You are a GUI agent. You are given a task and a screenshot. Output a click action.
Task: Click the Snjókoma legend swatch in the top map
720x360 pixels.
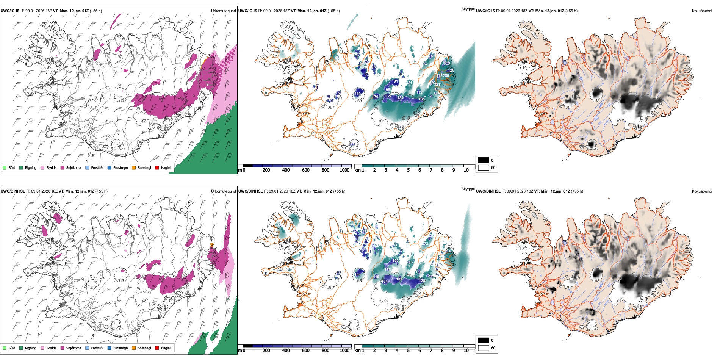[x=63, y=167]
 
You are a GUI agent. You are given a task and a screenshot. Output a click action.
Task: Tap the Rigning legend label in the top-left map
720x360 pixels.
[x=31, y=167]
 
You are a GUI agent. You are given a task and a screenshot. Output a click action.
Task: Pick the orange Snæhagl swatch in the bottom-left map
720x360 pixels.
[x=134, y=348]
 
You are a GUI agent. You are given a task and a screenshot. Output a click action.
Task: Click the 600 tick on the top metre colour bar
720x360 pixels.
[x=306, y=170]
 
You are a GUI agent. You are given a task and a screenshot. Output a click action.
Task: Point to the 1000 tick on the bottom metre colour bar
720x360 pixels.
[x=344, y=351]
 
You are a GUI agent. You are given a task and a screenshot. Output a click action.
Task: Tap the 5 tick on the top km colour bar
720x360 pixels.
[x=408, y=170]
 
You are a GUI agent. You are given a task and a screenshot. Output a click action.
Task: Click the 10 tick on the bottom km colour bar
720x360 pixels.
[x=466, y=351]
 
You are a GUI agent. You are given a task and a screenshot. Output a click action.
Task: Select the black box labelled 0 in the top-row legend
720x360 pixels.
[x=484, y=160]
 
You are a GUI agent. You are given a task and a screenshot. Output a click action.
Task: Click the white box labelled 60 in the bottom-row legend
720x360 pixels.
[x=484, y=348]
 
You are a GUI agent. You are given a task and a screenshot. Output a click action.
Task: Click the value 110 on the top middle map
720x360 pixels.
[x=358, y=94]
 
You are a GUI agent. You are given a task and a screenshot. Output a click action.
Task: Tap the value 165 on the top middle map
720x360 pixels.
[x=421, y=99]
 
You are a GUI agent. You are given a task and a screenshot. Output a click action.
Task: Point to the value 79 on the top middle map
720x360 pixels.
[x=376, y=97]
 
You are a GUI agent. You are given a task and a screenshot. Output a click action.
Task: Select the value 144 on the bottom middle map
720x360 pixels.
[x=358, y=275]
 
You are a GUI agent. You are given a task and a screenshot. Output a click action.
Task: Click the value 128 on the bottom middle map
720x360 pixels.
[x=422, y=281]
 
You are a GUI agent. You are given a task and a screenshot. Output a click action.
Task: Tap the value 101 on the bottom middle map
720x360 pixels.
[x=363, y=250]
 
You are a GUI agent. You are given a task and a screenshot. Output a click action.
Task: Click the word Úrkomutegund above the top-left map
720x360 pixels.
[x=223, y=11]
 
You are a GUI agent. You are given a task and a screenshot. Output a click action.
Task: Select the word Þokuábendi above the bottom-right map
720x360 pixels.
[x=702, y=191]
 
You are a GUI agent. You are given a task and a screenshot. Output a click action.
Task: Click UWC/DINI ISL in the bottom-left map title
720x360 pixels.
[x=13, y=191]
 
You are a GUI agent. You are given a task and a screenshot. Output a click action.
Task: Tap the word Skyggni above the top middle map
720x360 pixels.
[x=468, y=9]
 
